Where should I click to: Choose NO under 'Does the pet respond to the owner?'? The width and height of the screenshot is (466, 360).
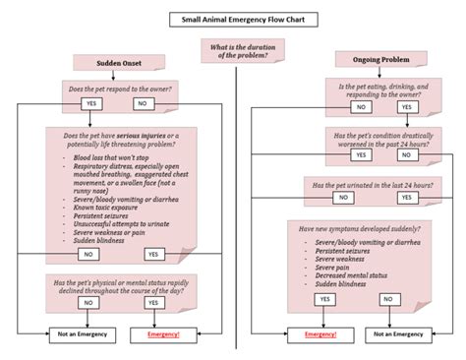144,102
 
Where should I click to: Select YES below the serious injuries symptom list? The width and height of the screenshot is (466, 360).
153,254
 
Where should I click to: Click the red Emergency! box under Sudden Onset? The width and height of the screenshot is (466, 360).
162,334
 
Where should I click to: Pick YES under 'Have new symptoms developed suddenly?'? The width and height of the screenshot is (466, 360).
323,298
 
